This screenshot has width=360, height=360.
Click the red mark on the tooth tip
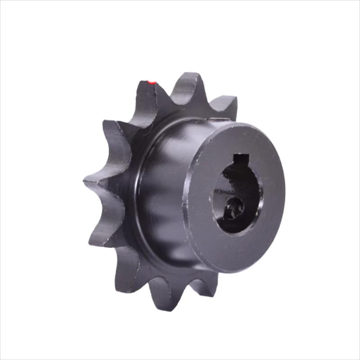(152, 82)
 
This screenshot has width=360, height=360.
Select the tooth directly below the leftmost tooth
(101, 234)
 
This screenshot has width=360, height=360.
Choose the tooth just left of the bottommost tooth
(126, 272)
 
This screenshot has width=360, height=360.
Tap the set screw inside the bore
(234, 208)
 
